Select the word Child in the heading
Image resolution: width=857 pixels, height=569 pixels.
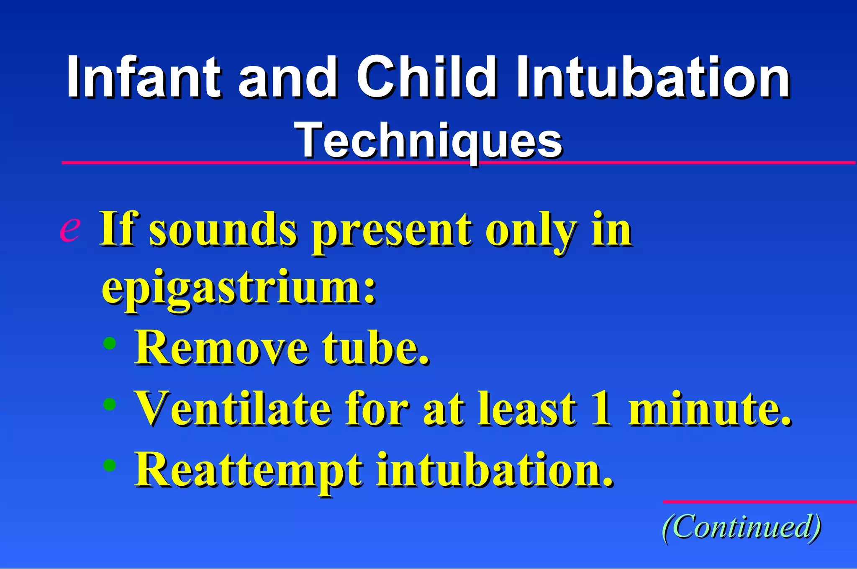(x=426, y=77)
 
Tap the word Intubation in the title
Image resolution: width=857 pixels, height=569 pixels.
(x=653, y=77)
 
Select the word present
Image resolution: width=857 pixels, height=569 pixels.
(x=392, y=232)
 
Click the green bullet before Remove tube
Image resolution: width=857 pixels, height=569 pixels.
(x=110, y=343)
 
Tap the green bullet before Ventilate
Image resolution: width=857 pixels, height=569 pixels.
(x=110, y=404)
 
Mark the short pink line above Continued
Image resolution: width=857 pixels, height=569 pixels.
(x=759, y=502)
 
